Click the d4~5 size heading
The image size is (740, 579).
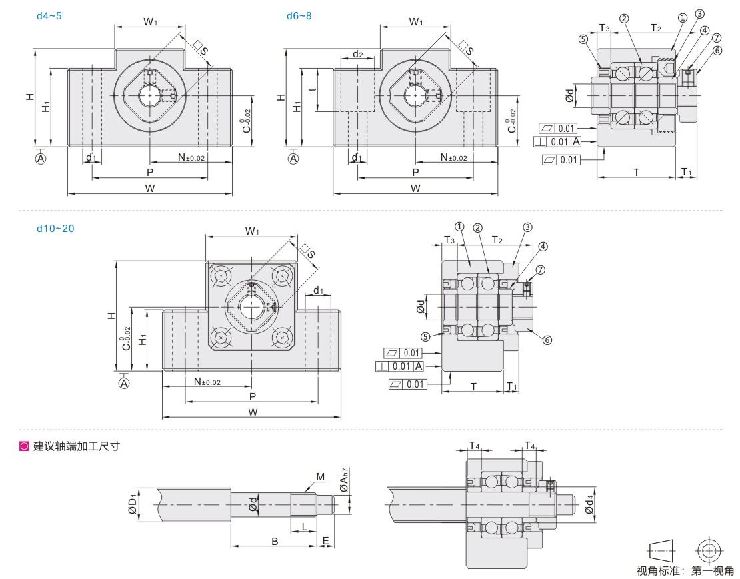(x=51, y=15)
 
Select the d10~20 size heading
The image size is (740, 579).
(x=55, y=228)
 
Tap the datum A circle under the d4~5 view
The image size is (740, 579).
(x=41, y=158)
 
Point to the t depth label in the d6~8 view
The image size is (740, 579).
(x=312, y=89)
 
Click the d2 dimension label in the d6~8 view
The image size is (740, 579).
(x=357, y=54)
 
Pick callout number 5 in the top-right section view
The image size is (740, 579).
(x=583, y=39)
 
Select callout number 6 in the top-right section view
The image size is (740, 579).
(x=717, y=50)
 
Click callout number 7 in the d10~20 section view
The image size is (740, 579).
(x=541, y=269)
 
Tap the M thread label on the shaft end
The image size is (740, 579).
(x=320, y=477)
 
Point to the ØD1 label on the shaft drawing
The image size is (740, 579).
(x=133, y=506)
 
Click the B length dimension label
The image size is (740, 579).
(x=274, y=542)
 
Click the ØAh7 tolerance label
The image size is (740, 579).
(x=344, y=482)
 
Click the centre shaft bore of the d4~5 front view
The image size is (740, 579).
(x=149, y=96)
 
